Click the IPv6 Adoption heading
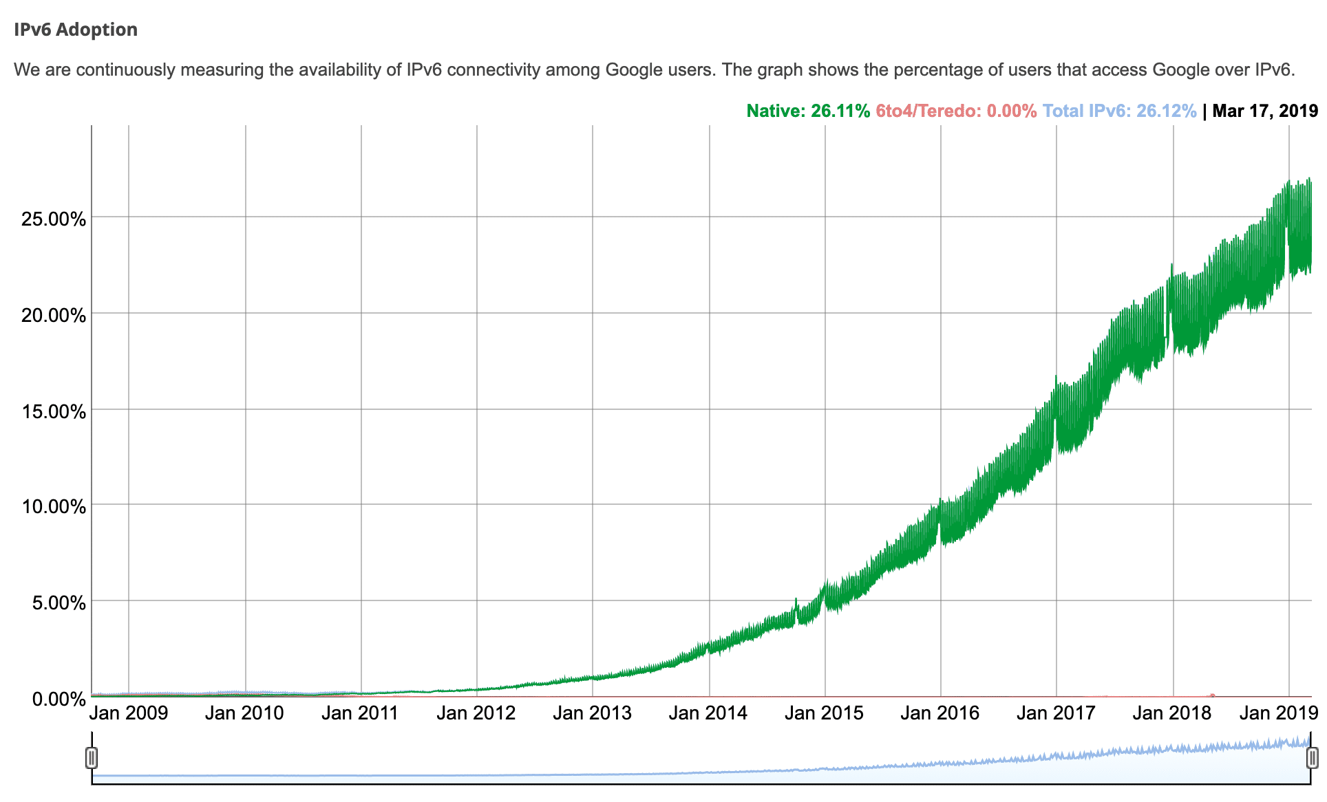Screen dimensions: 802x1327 [76, 30]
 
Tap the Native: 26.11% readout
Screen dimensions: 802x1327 [808, 111]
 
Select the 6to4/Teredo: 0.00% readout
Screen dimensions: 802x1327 [956, 111]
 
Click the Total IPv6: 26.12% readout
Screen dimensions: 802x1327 [1119, 111]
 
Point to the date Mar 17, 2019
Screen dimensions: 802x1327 [1265, 111]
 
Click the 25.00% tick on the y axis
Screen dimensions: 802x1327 [54, 219]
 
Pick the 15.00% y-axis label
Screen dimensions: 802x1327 [54, 411]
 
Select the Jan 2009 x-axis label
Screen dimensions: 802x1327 [129, 713]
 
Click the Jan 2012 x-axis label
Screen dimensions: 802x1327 [476, 713]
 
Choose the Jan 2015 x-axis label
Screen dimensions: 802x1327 [824, 713]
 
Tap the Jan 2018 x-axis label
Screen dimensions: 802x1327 [1171, 713]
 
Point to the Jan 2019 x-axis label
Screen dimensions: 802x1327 [1279, 713]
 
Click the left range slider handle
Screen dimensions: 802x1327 [92, 758]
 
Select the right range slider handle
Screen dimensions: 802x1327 [1312, 758]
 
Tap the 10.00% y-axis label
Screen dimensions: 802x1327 [54, 507]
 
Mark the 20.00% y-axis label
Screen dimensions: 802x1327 [54, 316]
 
